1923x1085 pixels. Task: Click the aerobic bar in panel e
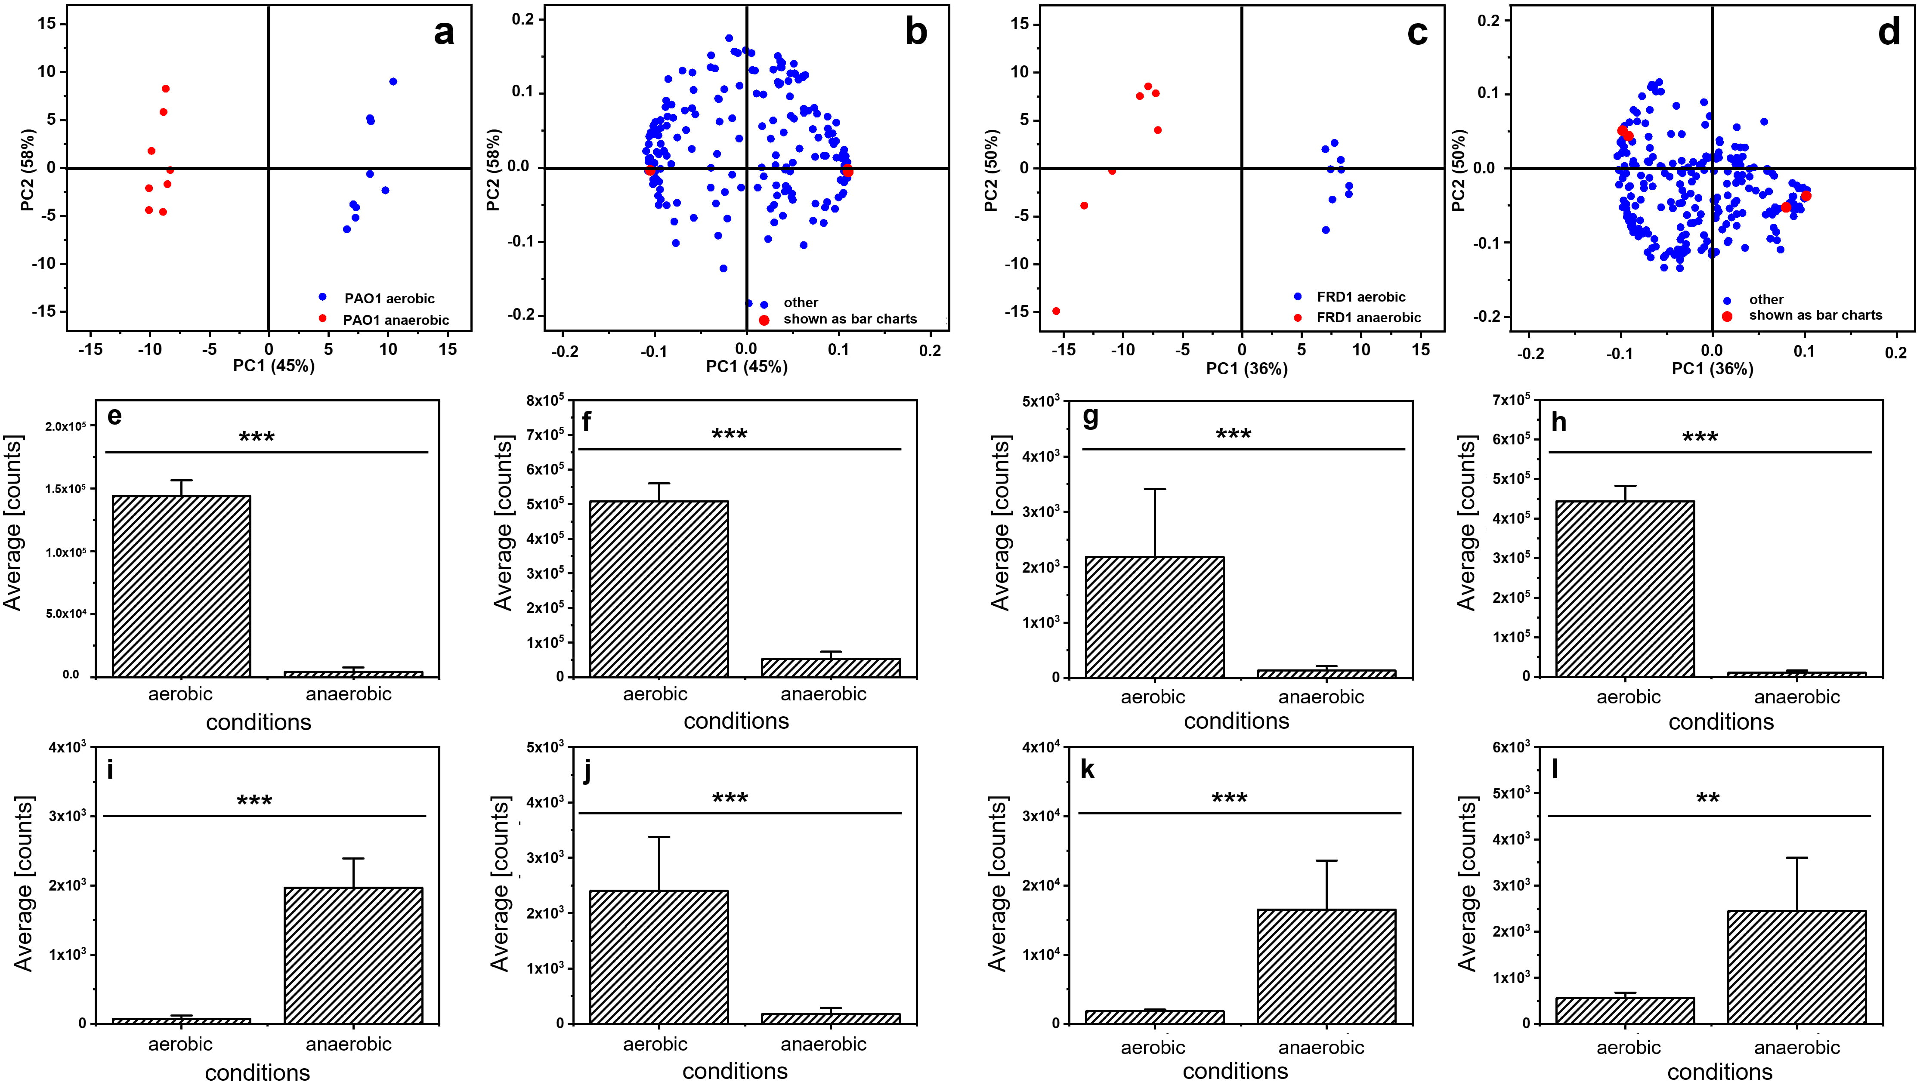pyautogui.click(x=181, y=586)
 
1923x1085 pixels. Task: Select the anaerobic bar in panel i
pyautogui.click(x=353, y=955)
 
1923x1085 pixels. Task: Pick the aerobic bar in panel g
pyautogui.click(x=1154, y=617)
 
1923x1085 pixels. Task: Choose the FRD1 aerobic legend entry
pyautogui.click(x=1360, y=297)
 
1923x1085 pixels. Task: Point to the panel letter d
pyautogui.click(x=1889, y=33)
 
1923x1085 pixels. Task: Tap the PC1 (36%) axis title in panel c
pyautogui.click(x=1247, y=369)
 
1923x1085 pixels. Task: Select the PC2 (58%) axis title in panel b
pyautogui.click(x=494, y=170)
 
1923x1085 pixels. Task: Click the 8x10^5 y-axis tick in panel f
pyautogui.click(x=545, y=401)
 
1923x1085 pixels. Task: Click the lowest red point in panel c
pyautogui.click(x=1056, y=311)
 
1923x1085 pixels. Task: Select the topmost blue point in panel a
pyautogui.click(x=393, y=81)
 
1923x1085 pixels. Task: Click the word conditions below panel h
pyautogui.click(x=1721, y=721)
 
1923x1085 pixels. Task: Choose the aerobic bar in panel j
pyautogui.click(x=659, y=957)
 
